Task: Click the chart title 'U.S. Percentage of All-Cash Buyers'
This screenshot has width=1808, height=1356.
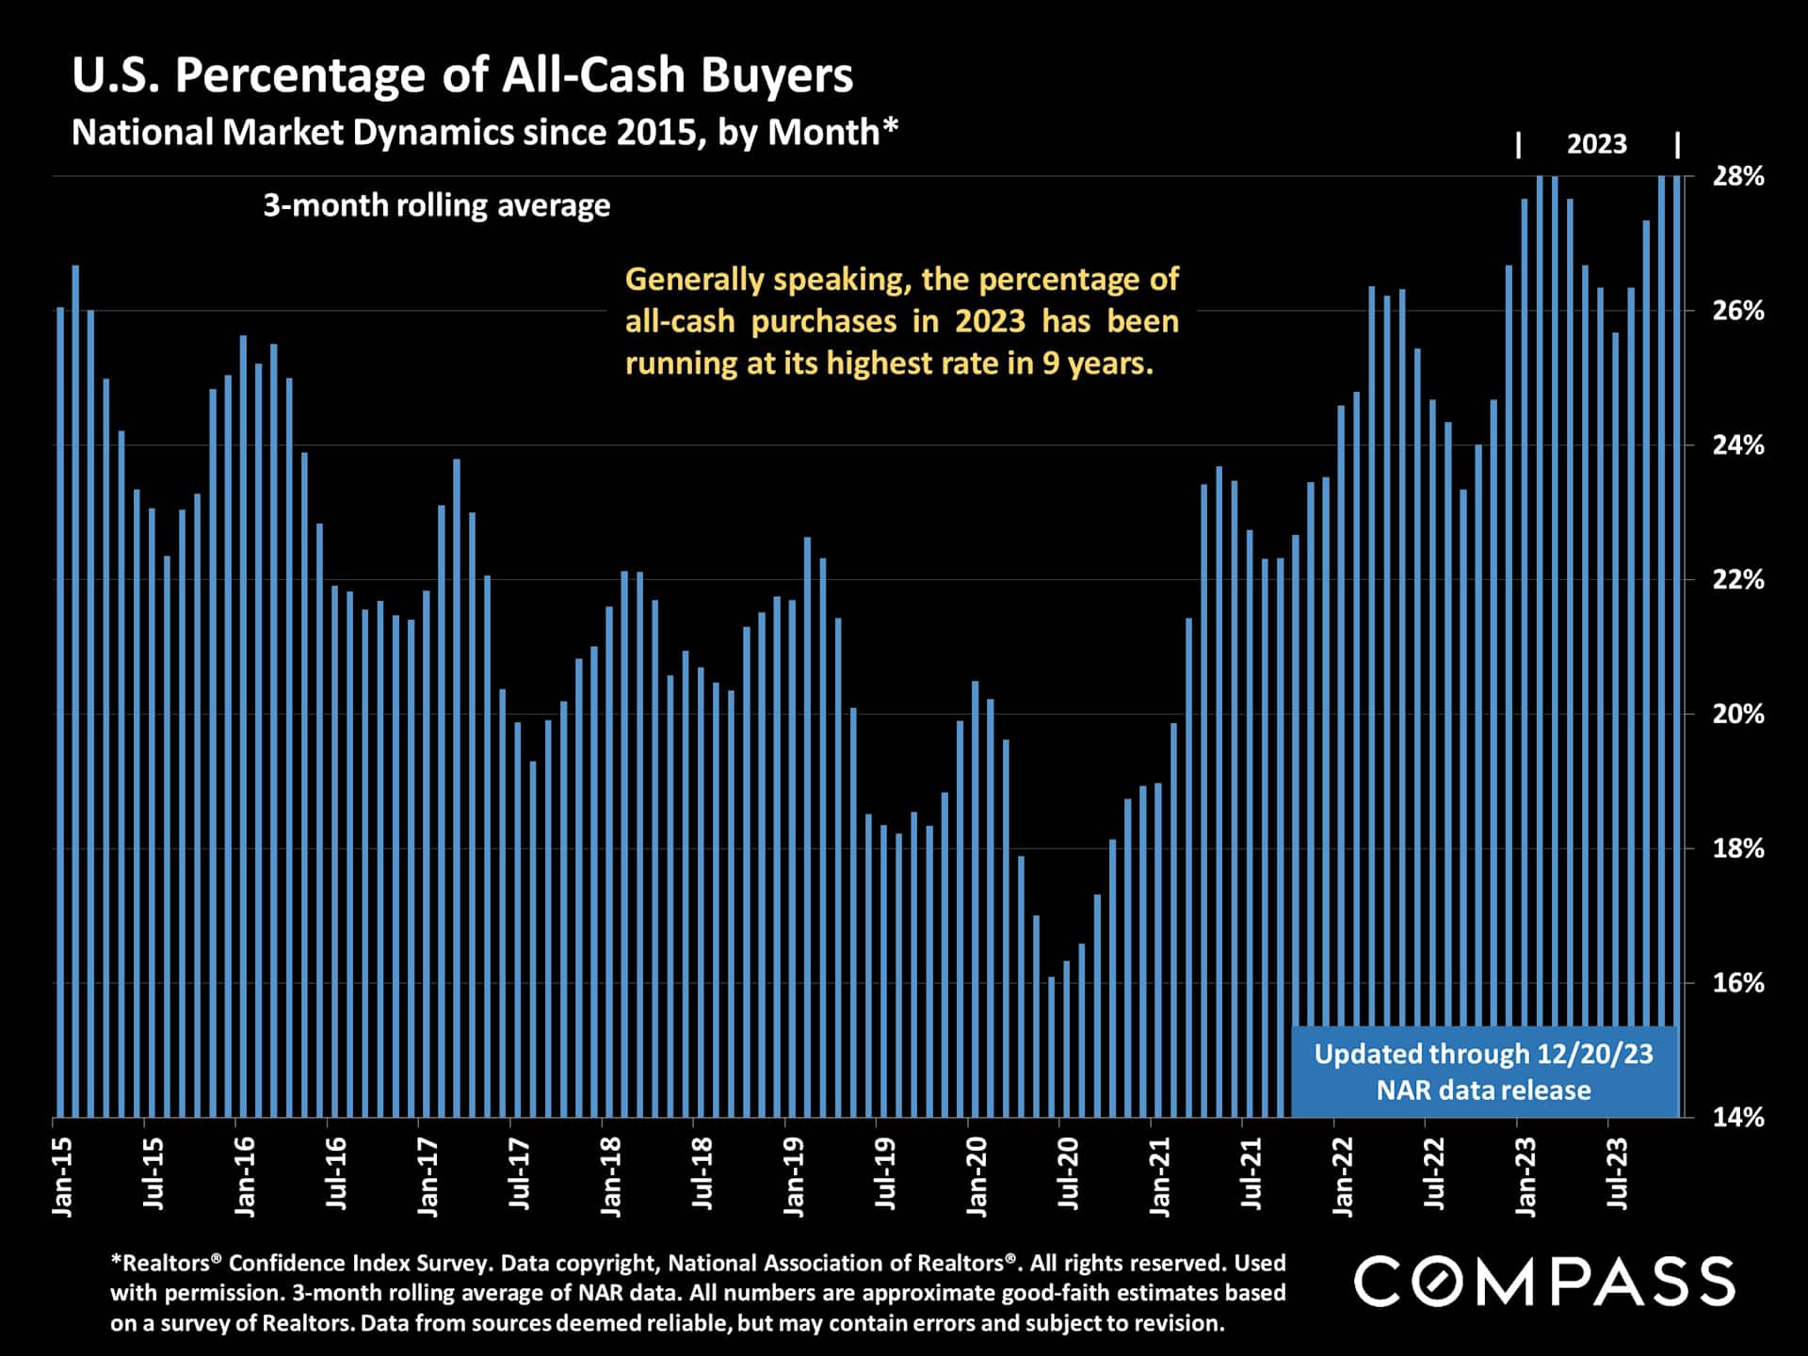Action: point(462,75)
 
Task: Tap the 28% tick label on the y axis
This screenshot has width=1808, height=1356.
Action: point(1737,176)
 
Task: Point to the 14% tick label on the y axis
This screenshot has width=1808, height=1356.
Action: point(1737,1117)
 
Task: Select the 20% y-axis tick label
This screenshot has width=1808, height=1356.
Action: point(1737,714)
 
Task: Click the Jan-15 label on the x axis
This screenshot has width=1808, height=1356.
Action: point(62,1177)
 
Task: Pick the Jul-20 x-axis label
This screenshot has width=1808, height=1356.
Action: point(1068,1173)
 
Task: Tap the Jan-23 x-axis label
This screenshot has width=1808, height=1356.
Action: point(1525,1177)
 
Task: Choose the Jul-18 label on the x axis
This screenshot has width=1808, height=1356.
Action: point(702,1173)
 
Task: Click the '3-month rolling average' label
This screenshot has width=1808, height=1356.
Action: point(436,205)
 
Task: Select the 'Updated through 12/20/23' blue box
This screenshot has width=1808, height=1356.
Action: point(1483,1072)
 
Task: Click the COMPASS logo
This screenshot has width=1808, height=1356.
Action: point(1544,1282)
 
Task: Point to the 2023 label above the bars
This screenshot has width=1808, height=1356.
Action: point(1596,144)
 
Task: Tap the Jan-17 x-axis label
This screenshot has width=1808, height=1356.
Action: point(428,1177)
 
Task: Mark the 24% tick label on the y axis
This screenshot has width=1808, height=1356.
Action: point(1737,444)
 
